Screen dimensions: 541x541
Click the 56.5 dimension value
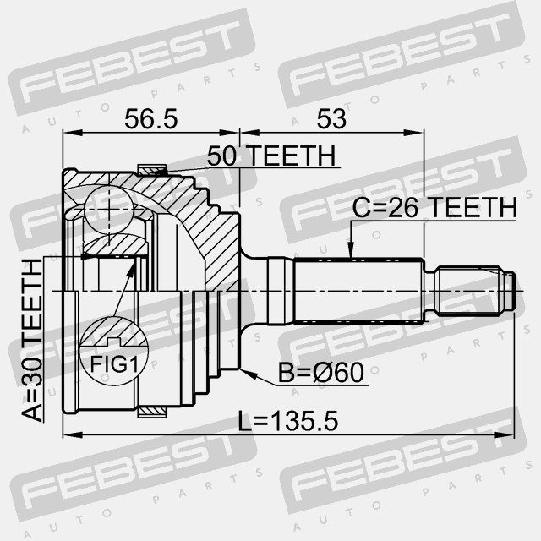150,119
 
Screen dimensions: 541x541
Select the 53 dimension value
331,119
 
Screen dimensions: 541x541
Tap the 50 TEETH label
271,156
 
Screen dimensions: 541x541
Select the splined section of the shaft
355,289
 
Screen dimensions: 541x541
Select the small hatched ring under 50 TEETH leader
153,171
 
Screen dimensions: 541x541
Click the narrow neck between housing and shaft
254,289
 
